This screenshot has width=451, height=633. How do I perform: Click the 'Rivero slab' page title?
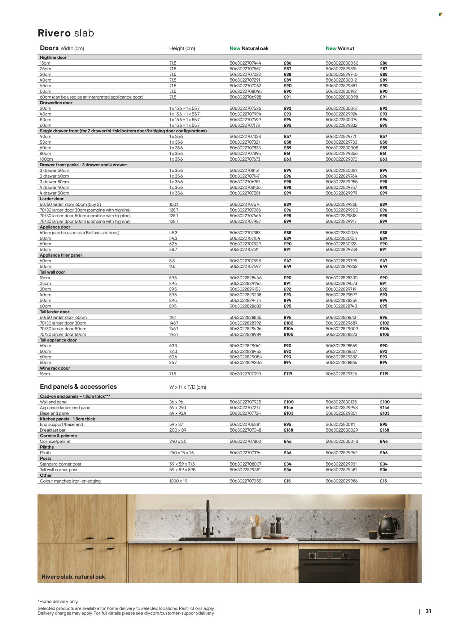[x=66, y=33]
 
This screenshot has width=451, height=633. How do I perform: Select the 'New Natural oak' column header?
[x=249, y=48]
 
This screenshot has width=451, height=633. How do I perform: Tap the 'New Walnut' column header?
[x=340, y=48]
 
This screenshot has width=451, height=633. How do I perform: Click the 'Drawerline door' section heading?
[x=56, y=103]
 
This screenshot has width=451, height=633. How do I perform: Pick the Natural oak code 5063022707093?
[x=245, y=374]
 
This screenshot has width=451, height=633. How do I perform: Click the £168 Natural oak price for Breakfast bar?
[x=288, y=430]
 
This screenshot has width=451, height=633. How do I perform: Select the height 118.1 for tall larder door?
[x=174, y=318]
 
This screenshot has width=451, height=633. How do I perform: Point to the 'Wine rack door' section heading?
[x=55, y=368]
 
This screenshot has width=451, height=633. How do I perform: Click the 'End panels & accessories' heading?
[x=78, y=387]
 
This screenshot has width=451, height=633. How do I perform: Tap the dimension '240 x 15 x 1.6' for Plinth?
[x=181, y=453]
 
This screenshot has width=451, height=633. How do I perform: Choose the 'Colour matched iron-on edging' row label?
[x=70, y=481]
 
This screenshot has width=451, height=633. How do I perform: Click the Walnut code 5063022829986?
[x=341, y=481]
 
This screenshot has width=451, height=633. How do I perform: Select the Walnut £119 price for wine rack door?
[x=384, y=374]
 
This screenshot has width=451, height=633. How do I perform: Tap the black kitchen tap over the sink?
[x=207, y=520]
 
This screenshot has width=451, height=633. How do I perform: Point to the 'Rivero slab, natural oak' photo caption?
[x=73, y=577]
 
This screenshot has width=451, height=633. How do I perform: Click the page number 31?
[x=428, y=611]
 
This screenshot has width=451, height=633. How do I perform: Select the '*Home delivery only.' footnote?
[x=58, y=602]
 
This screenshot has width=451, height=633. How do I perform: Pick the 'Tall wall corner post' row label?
[x=59, y=470]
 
